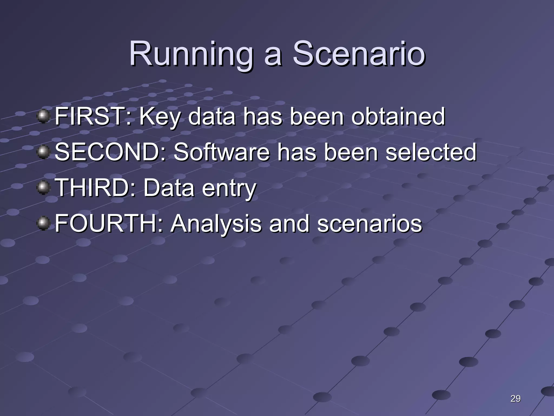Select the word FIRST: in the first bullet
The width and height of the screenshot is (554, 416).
coord(93,116)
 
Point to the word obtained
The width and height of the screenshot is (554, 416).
coord(398,116)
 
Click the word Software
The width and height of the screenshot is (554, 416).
coord(222,152)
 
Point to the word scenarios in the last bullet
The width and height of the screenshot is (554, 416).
coord(370,224)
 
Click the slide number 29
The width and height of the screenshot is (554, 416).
coord(515,398)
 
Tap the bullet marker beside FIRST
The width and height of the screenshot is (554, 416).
coord(43,116)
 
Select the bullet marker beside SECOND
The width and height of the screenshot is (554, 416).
coord(43,152)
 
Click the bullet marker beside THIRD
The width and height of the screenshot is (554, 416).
coord(43,188)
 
